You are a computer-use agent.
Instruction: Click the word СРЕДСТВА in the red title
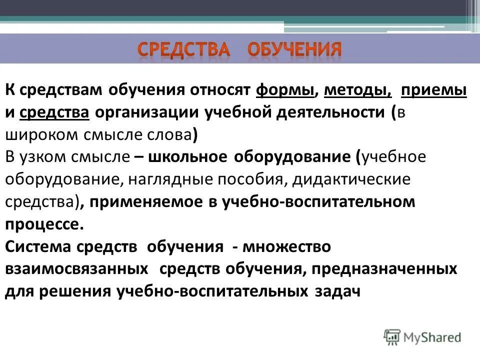(x=183, y=49)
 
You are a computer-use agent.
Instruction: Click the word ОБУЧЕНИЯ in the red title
(x=295, y=49)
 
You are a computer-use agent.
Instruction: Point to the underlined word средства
(x=54, y=113)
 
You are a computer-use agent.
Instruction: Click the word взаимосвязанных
(x=77, y=269)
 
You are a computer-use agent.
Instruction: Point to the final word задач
(x=337, y=291)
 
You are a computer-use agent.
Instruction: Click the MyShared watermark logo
(x=422, y=337)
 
